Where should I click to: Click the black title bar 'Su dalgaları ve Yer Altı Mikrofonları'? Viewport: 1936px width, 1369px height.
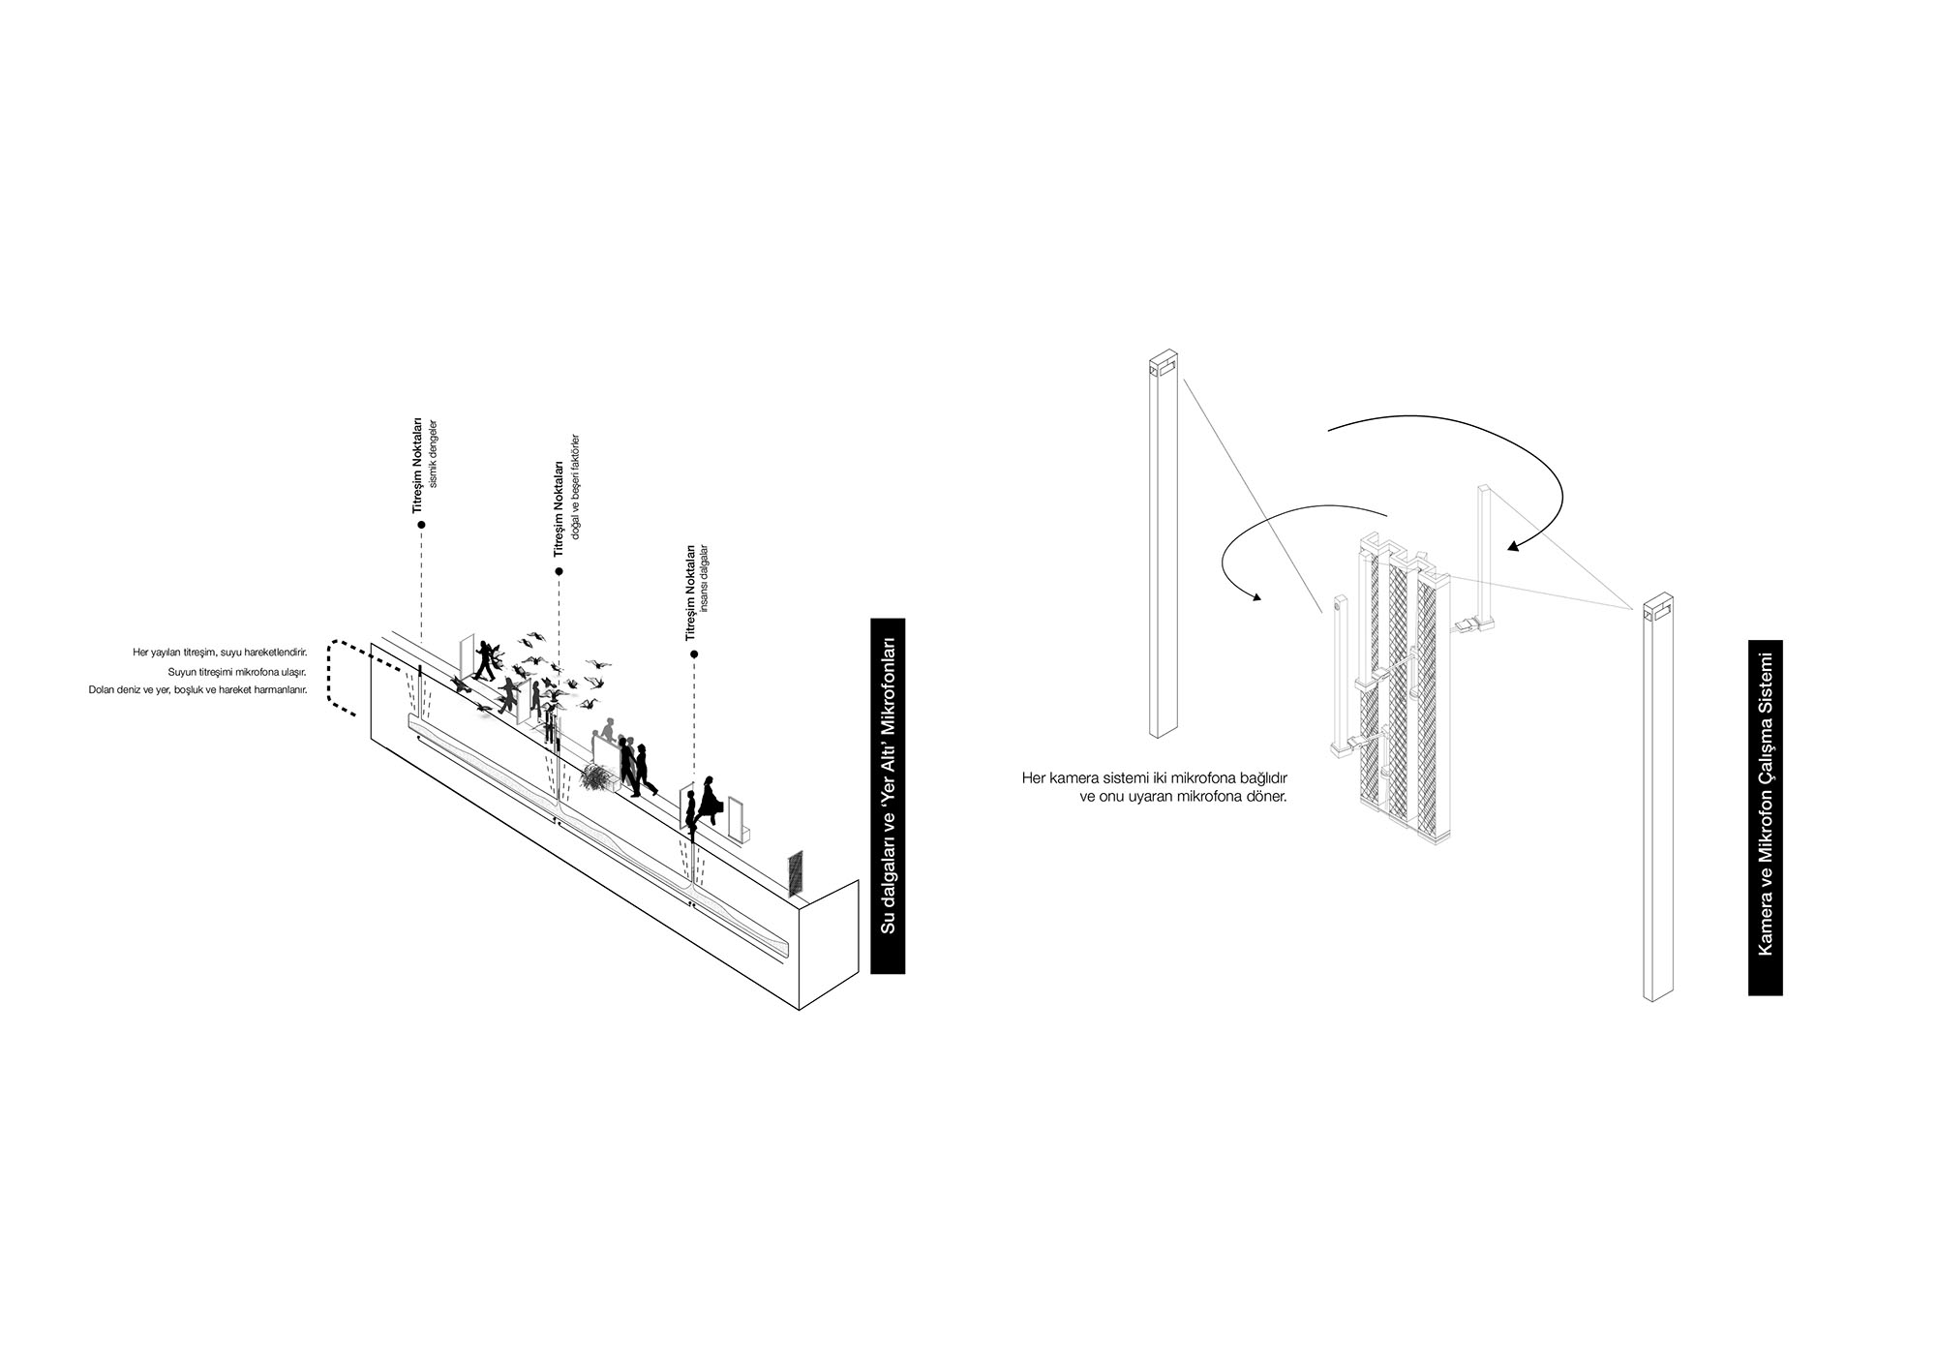(x=888, y=795)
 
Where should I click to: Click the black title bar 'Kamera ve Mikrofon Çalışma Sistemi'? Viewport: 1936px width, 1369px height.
(x=1765, y=817)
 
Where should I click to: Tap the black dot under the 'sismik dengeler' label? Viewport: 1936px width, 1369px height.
(x=421, y=525)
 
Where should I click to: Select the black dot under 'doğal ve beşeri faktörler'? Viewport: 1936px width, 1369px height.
(x=559, y=571)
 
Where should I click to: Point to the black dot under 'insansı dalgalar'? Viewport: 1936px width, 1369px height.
(x=694, y=654)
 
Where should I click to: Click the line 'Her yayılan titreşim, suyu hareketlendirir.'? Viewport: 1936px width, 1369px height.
(x=220, y=653)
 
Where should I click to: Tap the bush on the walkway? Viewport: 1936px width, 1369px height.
(x=596, y=776)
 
